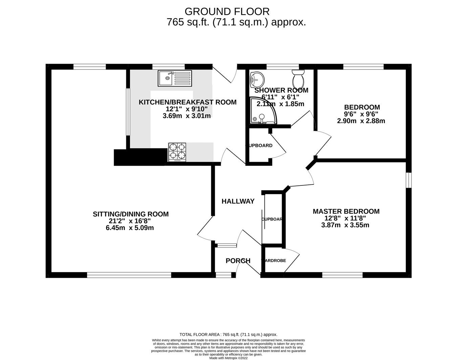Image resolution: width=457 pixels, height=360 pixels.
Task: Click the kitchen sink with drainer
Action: [x=174, y=78]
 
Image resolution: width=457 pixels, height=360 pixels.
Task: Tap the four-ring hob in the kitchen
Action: [x=177, y=151]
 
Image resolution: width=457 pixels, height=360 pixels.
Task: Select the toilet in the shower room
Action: [x=298, y=78]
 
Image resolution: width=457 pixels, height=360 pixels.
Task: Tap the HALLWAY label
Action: [x=238, y=201]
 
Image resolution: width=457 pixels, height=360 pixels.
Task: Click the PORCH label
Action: [x=238, y=261]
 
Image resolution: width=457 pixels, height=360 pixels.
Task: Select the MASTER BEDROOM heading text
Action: [x=346, y=211]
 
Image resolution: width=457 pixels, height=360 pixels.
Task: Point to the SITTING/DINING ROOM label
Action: [x=131, y=214]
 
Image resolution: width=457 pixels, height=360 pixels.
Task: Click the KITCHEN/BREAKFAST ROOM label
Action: [x=188, y=102]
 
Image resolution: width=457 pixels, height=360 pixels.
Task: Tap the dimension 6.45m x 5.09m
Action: [x=130, y=228]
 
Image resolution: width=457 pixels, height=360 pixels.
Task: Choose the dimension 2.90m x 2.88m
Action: [x=361, y=121]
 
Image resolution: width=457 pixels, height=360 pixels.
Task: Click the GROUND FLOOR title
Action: [x=227, y=12]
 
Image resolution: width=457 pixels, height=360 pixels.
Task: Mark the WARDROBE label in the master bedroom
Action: [x=274, y=261]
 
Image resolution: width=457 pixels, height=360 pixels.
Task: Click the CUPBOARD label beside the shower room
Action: [x=259, y=145]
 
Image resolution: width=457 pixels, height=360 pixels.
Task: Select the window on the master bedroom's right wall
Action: [x=409, y=180]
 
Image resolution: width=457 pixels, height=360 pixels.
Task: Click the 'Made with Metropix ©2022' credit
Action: [x=229, y=358]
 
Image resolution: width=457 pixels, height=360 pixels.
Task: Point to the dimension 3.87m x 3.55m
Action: [x=345, y=225]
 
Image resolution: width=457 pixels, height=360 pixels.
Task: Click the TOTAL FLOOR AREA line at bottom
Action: [x=228, y=334]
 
